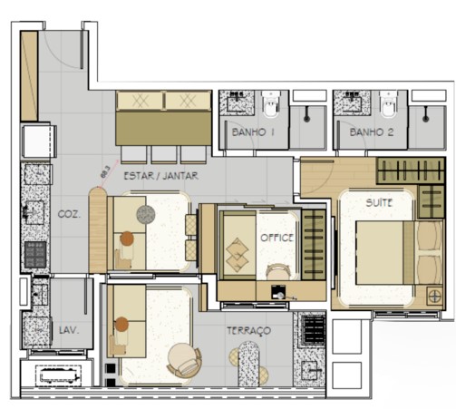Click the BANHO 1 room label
(253, 132)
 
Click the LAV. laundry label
(69, 331)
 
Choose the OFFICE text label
(277, 237)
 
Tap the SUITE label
(379, 202)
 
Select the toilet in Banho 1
(273, 110)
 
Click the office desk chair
(277, 269)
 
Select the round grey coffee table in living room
(146, 214)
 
